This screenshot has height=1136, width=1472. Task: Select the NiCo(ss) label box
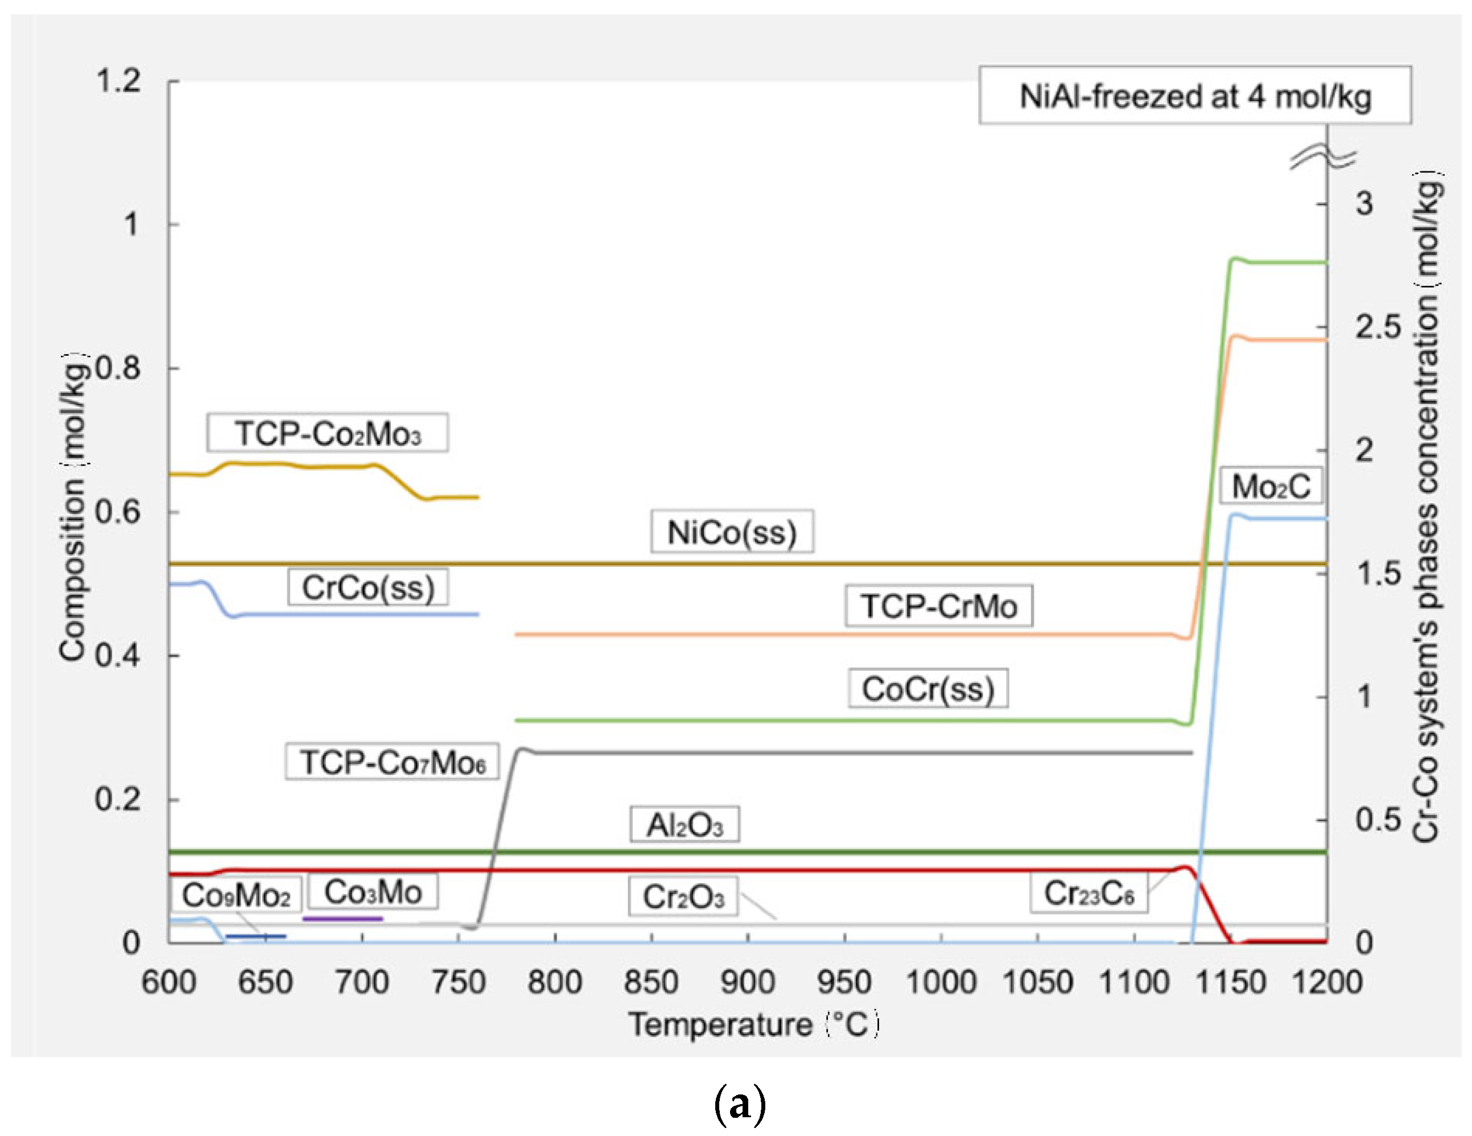point(732,532)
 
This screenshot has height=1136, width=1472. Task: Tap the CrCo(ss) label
point(368,587)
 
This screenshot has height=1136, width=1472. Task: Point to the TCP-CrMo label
point(939,606)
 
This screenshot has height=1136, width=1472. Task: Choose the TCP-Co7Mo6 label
point(392,762)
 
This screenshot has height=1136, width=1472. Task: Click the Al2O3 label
point(685,825)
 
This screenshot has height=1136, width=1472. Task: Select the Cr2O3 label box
point(683,896)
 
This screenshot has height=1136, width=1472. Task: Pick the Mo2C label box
point(1271,485)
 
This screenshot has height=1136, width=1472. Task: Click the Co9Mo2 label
point(236,895)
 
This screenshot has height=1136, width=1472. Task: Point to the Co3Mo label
point(373,891)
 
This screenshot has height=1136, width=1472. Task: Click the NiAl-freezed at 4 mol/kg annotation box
point(1195,96)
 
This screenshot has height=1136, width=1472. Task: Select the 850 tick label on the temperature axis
point(651,982)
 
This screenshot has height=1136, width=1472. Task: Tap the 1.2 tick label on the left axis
point(118,81)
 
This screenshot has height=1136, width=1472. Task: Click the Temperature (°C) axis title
point(753,1025)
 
